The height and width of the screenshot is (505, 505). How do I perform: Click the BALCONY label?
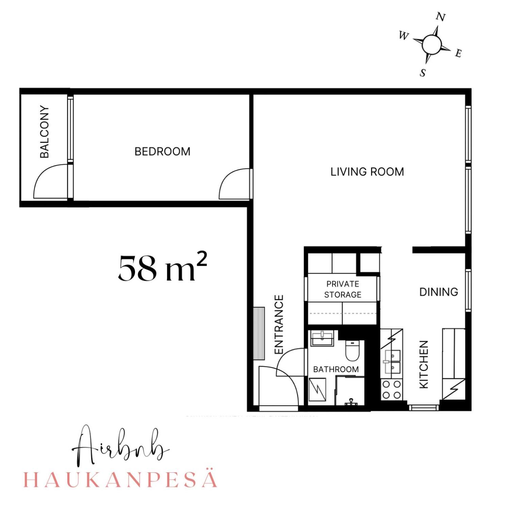[45, 132]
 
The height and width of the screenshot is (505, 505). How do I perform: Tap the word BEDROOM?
[162, 151]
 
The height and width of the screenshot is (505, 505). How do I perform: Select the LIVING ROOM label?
[367, 172]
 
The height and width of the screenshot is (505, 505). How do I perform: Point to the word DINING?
[438, 292]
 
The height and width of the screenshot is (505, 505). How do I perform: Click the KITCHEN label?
[423, 364]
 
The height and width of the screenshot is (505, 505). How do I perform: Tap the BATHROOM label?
[336, 369]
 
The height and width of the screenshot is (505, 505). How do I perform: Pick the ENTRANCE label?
[279, 324]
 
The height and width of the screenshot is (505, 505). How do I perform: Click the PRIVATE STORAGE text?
[342, 289]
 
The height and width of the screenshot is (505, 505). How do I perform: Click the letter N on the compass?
[441, 17]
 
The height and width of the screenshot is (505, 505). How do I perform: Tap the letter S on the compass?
[423, 72]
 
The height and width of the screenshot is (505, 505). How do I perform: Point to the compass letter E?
[458, 53]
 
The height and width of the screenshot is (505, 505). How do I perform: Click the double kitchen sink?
[392, 362]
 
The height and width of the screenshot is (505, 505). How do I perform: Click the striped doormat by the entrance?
[259, 333]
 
